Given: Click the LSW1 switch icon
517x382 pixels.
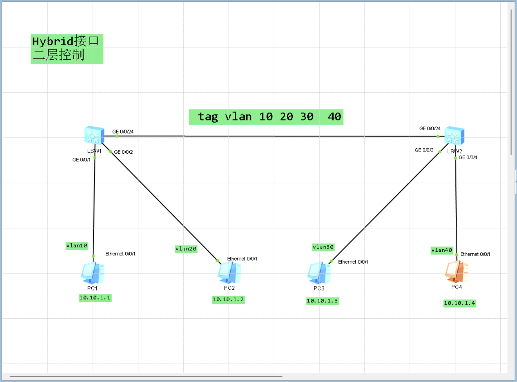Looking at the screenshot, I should (x=94, y=136).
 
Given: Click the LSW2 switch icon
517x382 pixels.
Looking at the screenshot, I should (x=454, y=136).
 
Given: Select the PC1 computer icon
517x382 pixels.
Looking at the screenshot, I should (x=93, y=273).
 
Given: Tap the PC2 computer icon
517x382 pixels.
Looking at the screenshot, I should (x=229, y=273).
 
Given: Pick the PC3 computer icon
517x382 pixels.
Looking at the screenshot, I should (x=319, y=273).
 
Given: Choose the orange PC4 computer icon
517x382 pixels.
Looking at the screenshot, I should (x=456, y=272).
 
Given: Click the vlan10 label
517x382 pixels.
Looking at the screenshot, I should (x=77, y=246).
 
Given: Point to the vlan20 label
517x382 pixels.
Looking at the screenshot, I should (x=186, y=249).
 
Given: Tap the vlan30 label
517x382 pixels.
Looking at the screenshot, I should (x=323, y=247).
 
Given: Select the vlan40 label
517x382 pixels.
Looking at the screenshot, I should (x=442, y=250).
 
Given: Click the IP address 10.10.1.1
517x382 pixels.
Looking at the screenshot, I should (x=95, y=298).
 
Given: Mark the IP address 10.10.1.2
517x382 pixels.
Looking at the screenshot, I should (x=228, y=300).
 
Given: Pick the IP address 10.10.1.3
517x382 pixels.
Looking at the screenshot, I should (x=322, y=301).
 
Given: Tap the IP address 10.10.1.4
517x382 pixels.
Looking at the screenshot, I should (x=459, y=303).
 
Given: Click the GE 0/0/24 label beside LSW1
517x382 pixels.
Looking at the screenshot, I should (x=123, y=132).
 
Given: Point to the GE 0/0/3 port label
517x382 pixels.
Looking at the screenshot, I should (x=424, y=150).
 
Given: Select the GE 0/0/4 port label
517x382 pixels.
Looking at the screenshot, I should (x=468, y=157).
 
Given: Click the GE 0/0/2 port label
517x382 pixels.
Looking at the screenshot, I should (x=124, y=152).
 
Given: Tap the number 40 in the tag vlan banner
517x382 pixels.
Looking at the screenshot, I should (x=334, y=116).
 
